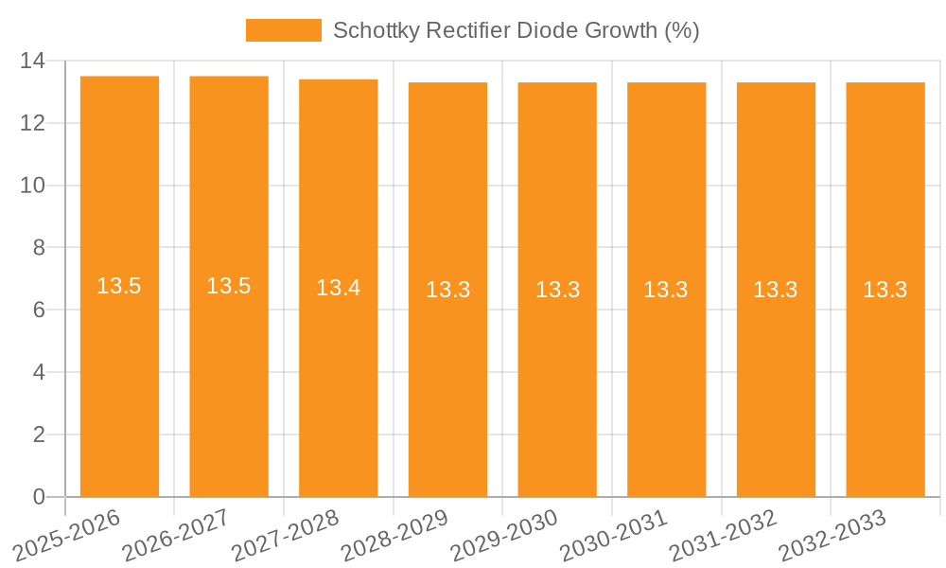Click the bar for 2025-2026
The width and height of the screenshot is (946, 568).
[x=119, y=379]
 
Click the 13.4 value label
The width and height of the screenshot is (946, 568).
[x=338, y=287]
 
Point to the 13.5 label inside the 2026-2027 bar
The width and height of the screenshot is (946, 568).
[x=229, y=286]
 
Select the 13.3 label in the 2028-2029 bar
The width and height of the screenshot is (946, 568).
[x=447, y=290]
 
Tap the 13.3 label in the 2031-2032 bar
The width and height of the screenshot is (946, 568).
[x=776, y=290]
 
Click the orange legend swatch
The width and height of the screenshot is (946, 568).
[x=283, y=30]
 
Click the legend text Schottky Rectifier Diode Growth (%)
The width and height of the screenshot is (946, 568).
[x=516, y=30]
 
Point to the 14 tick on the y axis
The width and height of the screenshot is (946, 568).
[x=32, y=62]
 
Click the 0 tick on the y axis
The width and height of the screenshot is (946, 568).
[x=39, y=497]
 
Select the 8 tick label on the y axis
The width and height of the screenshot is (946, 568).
[x=39, y=248]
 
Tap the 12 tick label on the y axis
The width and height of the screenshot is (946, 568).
[x=32, y=123]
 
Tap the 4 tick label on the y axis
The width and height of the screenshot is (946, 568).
[x=39, y=372]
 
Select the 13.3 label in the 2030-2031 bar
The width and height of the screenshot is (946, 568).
[x=666, y=290]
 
